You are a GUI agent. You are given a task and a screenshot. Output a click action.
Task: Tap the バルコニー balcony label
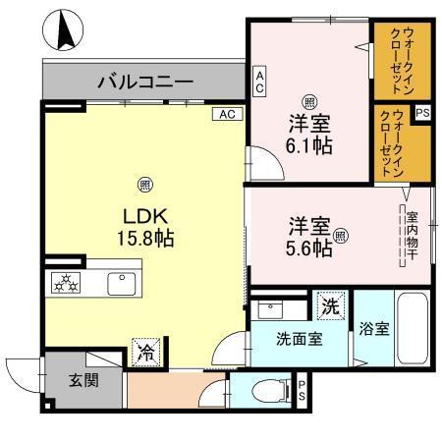pos(144,81)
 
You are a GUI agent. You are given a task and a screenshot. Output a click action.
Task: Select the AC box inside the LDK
pos(226,115)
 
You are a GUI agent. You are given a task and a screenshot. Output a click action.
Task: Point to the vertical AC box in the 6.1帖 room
pos(259,81)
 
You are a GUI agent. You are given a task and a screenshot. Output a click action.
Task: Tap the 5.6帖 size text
pos(308,249)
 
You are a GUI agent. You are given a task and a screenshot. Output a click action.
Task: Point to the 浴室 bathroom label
pos(374,329)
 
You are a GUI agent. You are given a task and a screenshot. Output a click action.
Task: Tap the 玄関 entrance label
pos(83,380)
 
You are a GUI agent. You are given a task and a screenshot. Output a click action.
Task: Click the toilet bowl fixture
pos(264,391)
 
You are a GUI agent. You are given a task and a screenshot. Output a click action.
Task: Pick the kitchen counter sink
pos(124,284)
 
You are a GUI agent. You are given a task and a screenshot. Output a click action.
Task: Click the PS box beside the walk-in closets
pos(422,114)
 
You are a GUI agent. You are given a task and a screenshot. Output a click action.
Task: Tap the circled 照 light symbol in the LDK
pos(143,183)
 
